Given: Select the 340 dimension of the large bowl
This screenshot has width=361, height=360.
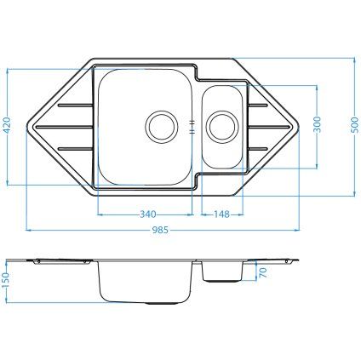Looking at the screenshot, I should tap(146, 214).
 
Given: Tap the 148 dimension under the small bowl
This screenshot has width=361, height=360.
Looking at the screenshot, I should tap(222, 214).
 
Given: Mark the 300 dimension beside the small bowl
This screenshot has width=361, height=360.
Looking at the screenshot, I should tap(317, 124).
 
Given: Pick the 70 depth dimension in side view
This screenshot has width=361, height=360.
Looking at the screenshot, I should tap(262, 274).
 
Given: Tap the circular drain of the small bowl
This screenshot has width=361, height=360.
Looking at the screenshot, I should tap(220, 124).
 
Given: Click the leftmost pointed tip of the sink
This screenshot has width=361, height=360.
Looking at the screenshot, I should tap(28, 125).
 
